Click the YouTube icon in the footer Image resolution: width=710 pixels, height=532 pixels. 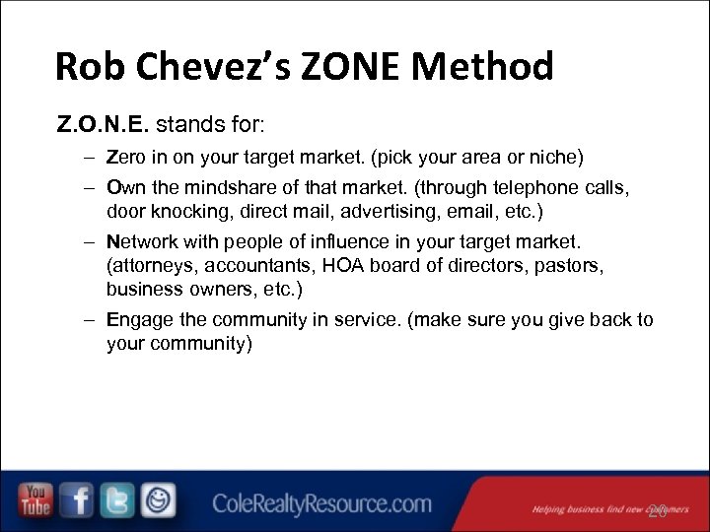coord(36,500)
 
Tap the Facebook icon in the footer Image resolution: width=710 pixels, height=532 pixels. coord(77,500)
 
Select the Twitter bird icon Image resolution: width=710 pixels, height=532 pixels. coord(117,500)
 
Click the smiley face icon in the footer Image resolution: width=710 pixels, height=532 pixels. coord(158,500)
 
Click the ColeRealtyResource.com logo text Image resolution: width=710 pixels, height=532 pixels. coord(321,504)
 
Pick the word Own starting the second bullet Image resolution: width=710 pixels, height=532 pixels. coord(124,187)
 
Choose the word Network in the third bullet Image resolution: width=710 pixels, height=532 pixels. coord(144,241)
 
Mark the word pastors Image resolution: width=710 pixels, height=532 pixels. coord(572,265)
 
